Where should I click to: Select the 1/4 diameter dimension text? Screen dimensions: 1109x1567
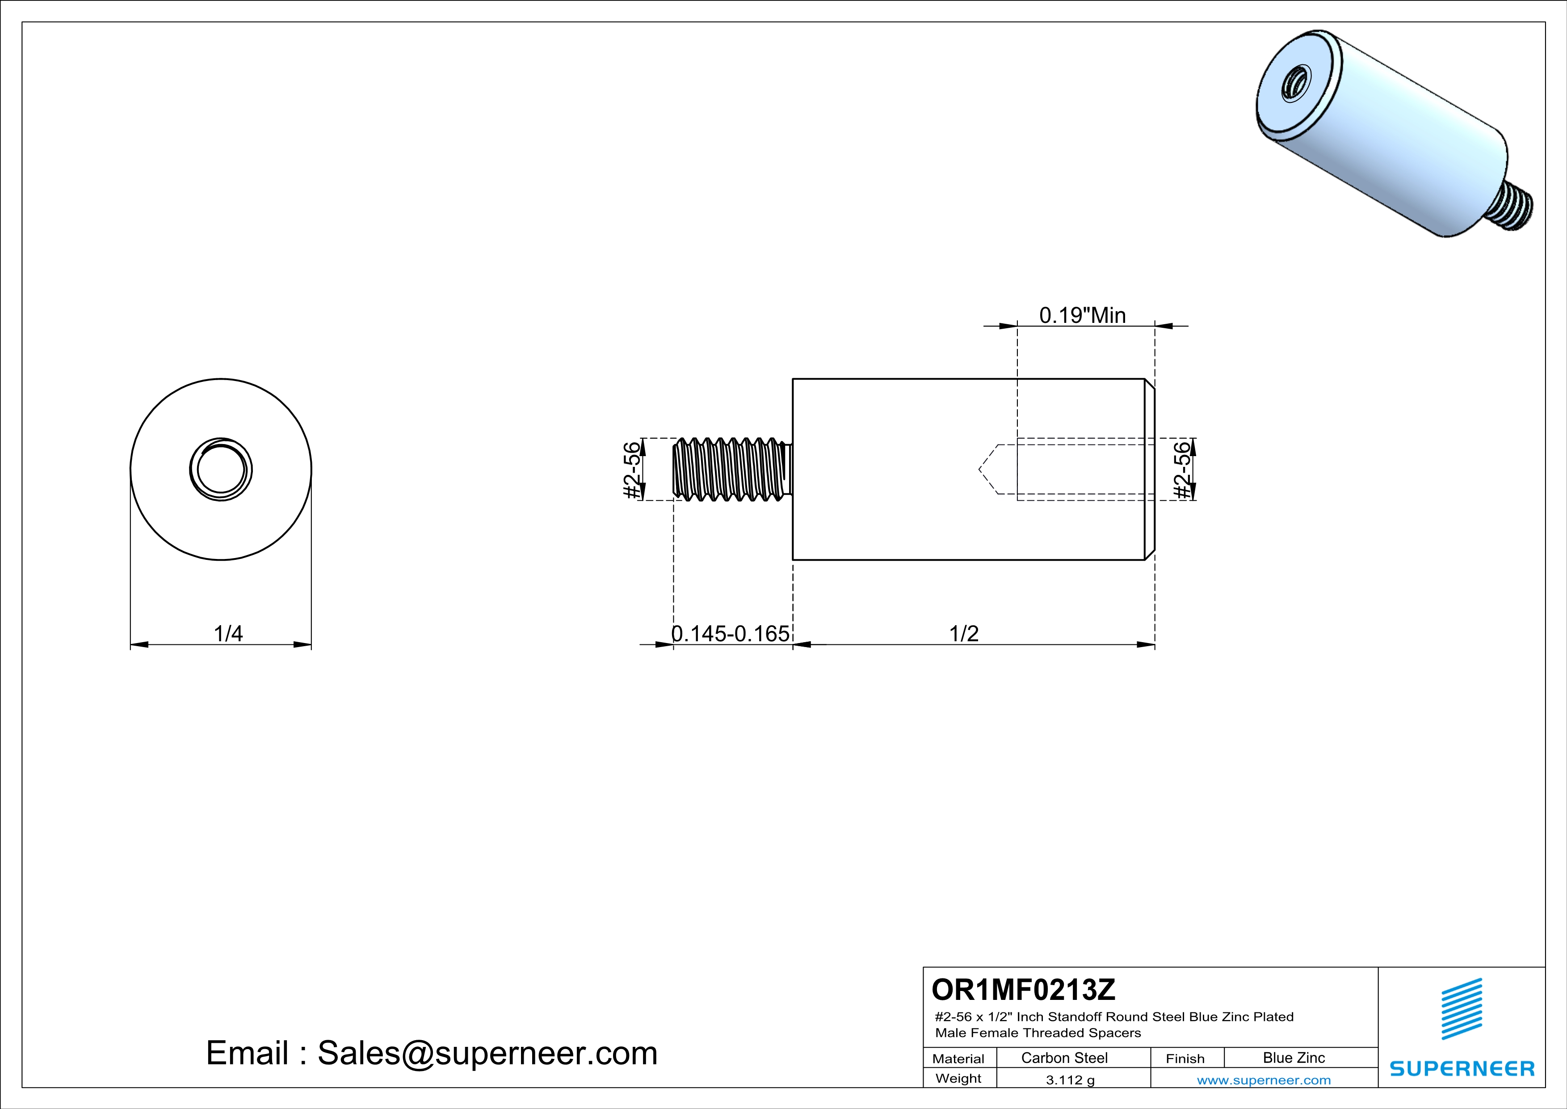228,633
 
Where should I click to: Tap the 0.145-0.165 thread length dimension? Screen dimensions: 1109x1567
730,633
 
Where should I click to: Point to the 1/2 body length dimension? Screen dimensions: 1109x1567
964,633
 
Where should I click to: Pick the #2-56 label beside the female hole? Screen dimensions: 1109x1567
1182,470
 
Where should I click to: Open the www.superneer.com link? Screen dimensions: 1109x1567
1263,1079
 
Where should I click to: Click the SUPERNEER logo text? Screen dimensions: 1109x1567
1462,1069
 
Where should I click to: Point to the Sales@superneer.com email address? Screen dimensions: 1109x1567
487,1052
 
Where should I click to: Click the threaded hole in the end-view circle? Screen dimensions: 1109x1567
220,470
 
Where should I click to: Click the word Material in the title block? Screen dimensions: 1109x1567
958,1058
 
